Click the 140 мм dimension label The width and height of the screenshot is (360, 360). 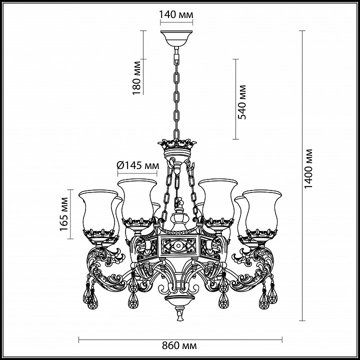176,14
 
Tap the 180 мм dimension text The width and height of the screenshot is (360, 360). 136,78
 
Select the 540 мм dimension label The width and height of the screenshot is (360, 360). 242,102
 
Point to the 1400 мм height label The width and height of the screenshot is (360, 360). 308,169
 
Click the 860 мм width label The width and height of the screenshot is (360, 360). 179,345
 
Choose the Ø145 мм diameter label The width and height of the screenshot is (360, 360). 138,165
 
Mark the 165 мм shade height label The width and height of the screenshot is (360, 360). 64,214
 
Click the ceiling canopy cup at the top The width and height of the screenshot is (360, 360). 176,38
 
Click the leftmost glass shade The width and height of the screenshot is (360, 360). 98,211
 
